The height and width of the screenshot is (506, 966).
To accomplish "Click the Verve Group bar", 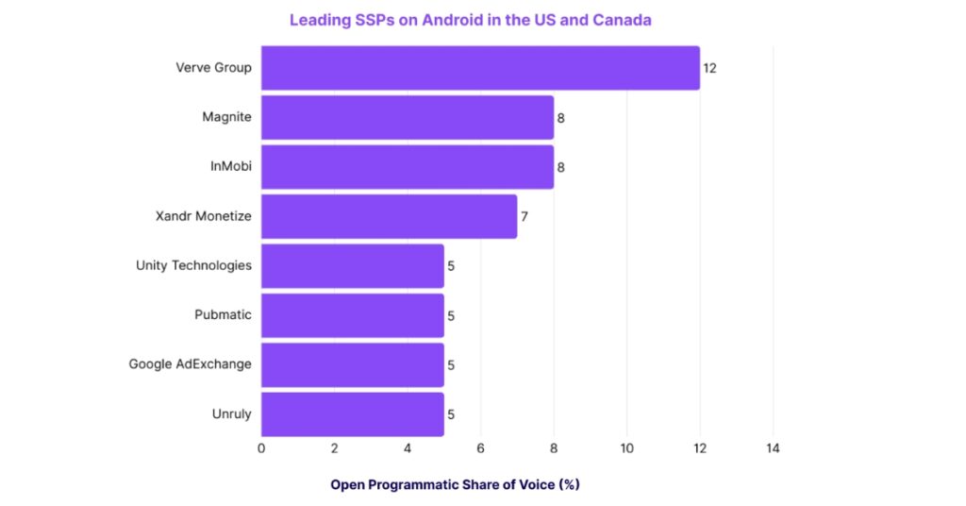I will (x=480, y=68).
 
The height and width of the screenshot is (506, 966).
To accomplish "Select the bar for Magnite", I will (x=407, y=118).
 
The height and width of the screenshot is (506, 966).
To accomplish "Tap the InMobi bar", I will (x=407, y=167).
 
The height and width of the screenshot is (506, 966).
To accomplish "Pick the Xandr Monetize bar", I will (x=389, y=216).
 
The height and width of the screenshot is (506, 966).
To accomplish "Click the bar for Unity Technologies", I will (x=352, y=265).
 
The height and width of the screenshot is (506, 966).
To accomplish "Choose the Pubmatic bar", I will (x=352, y=315).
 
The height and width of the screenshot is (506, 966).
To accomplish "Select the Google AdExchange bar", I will (x=352, y=364).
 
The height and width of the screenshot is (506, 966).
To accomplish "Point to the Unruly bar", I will (x=352, y=413).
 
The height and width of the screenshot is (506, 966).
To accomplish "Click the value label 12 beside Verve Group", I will (x=710, y=69).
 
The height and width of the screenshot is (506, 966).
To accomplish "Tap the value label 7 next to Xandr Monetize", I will (x=525, y=217).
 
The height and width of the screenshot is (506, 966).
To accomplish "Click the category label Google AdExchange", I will (x=191, y=364).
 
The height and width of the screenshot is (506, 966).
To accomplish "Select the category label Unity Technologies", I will (x=193, y=265).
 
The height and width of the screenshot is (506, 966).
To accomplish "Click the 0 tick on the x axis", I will (x=261, y=448).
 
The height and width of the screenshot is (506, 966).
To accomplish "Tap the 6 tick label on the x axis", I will (x=480, y=448).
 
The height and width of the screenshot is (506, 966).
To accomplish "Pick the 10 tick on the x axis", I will (x=626, y=448).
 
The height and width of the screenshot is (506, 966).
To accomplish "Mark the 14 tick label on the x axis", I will (x=773, y=448).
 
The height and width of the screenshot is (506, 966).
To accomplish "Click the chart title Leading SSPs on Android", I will (x=470, y=20).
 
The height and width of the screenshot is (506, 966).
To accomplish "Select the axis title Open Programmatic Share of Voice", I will (x=455, y=484).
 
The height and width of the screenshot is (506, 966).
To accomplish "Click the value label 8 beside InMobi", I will (x=560, y=168).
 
